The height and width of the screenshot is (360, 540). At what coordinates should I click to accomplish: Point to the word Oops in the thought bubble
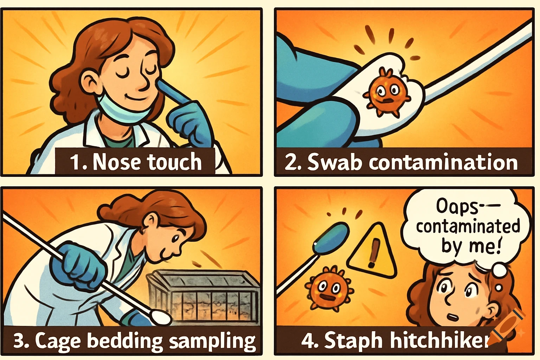[x=457, y=206]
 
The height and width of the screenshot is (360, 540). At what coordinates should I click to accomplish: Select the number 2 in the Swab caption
[x=291, y=163]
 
